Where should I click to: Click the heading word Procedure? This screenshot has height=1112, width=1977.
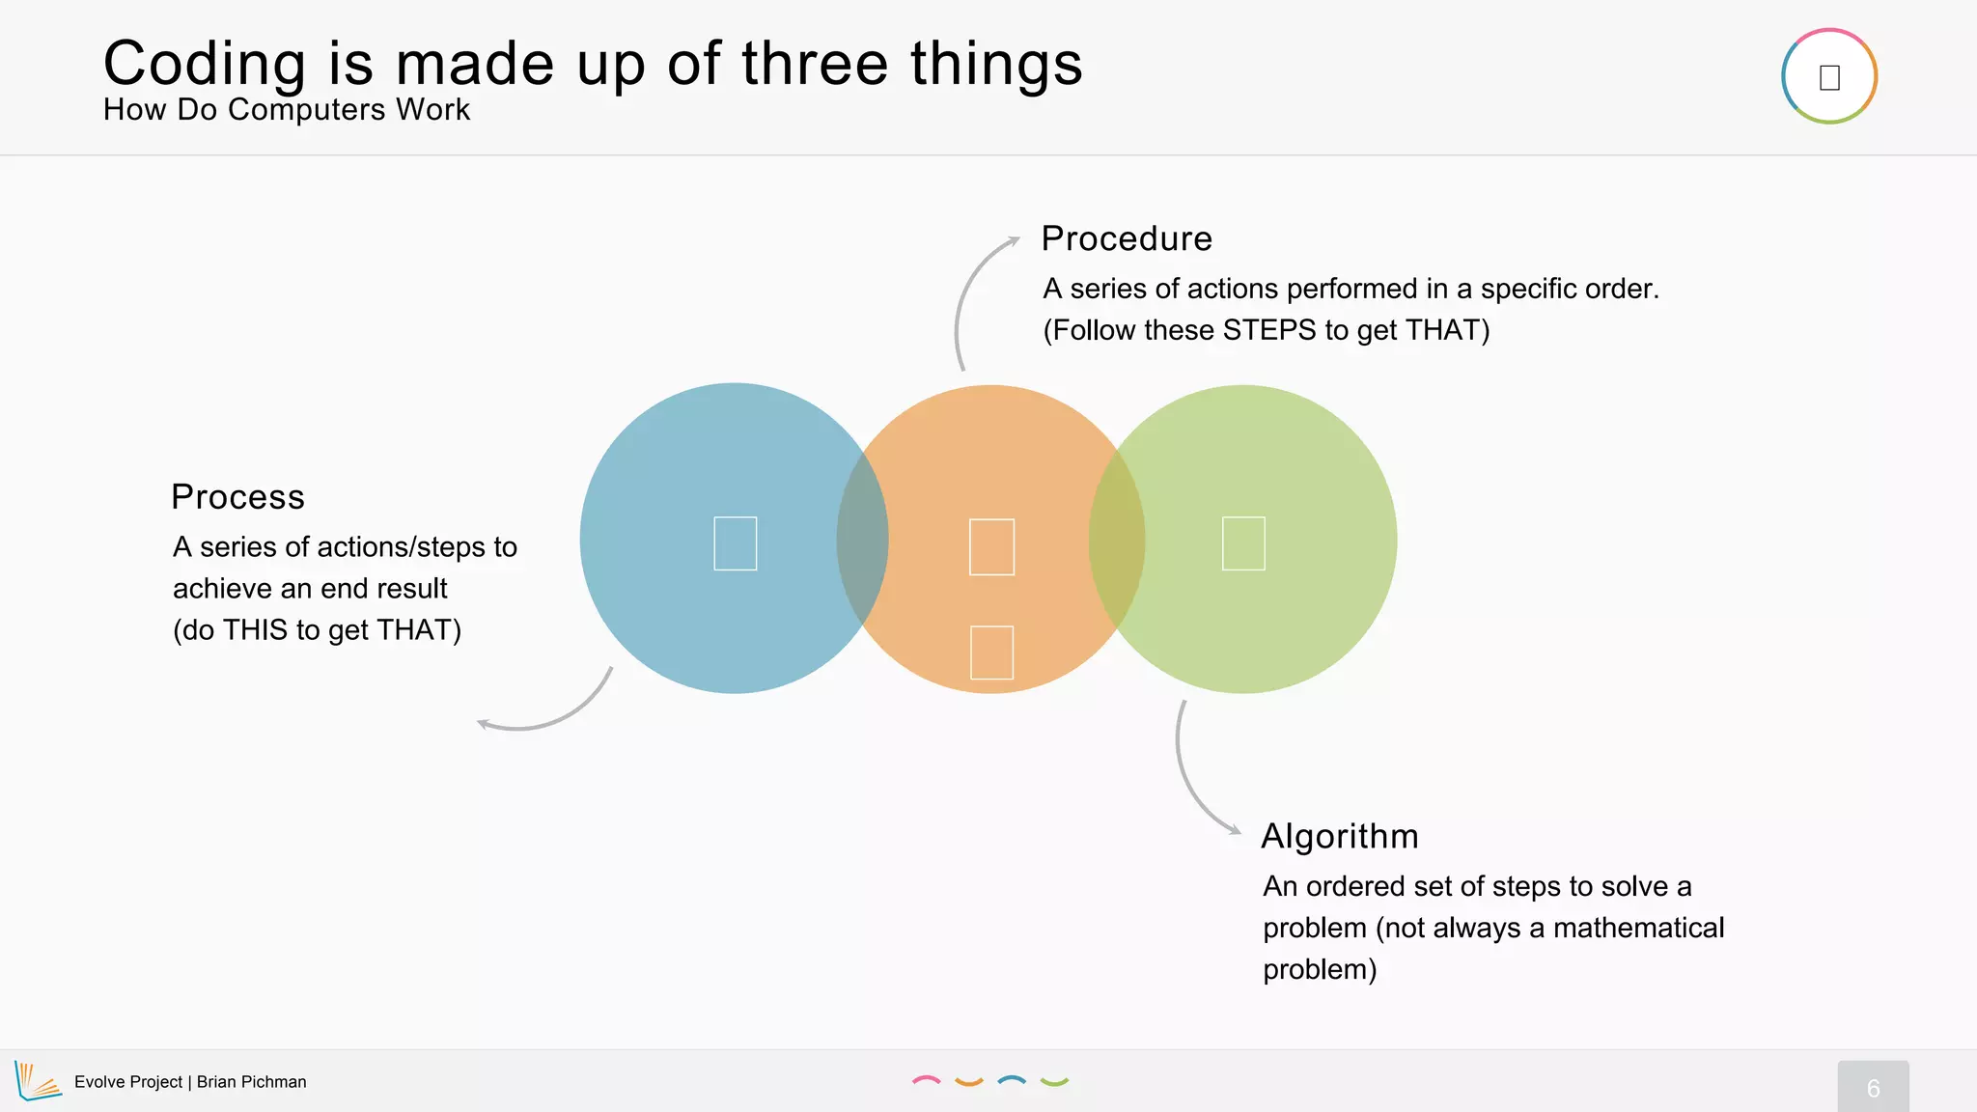click(1126, 238)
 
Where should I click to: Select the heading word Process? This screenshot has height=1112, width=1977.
click(237, 497)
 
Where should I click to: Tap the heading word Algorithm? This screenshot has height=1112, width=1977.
click(1339, 836)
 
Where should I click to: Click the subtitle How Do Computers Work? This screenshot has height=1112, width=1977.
click(287, 110)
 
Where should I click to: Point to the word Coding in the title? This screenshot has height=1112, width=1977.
click(204, 65)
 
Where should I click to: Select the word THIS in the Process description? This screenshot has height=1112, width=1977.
click(256, 630)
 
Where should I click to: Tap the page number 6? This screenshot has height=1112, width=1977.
click(1873, 1088)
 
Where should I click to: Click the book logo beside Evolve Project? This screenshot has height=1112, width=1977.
click(37, 1081)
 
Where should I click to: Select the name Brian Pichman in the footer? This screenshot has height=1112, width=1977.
click(251, 1082)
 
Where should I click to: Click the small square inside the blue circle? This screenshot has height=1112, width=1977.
click(735, 543)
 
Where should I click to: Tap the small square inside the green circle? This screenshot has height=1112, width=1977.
click(1243, 543)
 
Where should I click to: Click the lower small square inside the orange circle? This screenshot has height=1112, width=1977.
click(991, 653)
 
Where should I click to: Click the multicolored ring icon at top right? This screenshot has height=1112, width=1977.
click(1828, 76)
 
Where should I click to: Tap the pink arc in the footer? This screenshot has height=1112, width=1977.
click(926, 1080)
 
